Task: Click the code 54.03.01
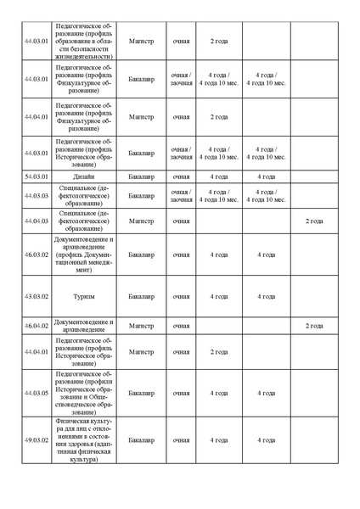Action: coord(36,176)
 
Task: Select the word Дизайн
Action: coord(83,176)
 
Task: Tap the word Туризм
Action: coord(83,297)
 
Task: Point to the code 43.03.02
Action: coord(36,297)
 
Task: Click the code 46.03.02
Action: coord(36,254)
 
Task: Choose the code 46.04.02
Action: coord(36,326)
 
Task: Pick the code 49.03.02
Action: coord(36,440)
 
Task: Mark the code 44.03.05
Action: coord(36,393)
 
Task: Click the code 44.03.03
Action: coord(36,196)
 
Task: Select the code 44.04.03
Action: coord(36,221)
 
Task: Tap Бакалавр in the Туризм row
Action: coord(141,297)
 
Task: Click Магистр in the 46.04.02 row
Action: coord(141,326)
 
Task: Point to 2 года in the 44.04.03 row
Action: coord(314,221)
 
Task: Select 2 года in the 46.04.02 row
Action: coord(314,326)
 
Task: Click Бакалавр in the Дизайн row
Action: coord(141,176)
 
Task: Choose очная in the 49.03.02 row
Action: coord(181,440)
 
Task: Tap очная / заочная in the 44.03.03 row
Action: coord(181,196)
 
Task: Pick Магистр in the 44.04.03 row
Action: coord(141,221)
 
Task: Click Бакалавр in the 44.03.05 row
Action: coord(141,393)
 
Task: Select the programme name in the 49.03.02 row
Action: coord(83,440)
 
